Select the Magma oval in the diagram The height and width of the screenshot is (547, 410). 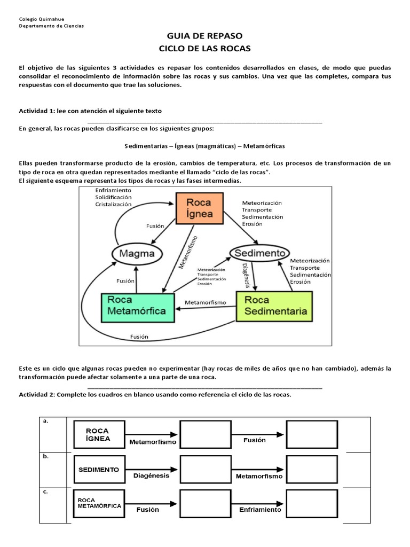point(136,253)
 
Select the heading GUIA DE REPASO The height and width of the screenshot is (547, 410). point(204,36)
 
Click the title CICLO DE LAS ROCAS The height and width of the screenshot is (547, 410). point(204,49)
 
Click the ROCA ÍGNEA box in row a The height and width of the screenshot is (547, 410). point(98,434)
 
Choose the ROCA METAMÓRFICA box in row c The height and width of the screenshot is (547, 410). point(98,503)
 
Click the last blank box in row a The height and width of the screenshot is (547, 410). point(312,434)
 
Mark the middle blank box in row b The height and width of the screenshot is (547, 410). point(205,469)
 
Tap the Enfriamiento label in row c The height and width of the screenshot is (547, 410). point(259,510)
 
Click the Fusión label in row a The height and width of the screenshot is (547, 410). point(254,440)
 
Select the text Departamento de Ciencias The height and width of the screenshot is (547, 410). point(51,26)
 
